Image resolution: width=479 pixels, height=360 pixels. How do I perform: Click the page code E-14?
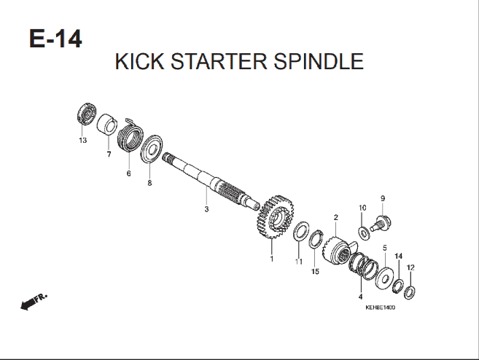(55, 39)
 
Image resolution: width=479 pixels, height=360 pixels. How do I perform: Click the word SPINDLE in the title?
(319, 61)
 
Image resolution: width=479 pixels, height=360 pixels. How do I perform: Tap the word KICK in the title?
(139, 61)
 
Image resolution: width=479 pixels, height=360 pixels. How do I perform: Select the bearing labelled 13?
(87, 114)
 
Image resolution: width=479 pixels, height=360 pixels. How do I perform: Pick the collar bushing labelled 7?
(107, 125)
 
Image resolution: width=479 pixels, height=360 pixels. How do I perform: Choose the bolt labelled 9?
(381, 224)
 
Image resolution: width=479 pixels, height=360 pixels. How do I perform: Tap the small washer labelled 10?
(364, 234)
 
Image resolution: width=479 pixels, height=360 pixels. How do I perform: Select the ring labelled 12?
(409, 292)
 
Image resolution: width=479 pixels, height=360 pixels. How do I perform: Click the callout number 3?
(206, 209)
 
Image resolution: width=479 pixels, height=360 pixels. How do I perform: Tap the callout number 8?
(149, 183)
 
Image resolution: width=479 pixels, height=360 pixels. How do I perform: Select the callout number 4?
(360, 297)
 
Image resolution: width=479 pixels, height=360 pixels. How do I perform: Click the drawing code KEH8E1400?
(380, 308)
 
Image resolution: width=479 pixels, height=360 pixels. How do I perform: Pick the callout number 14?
(398, 256)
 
